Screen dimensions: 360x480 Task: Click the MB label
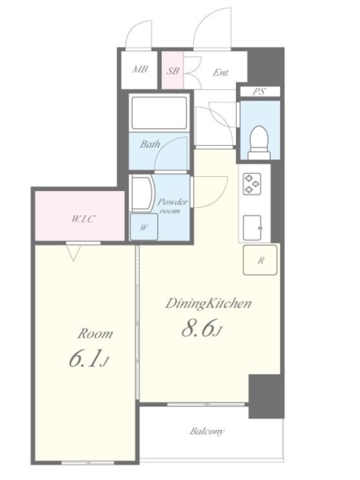140,69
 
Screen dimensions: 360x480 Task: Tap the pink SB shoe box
173,70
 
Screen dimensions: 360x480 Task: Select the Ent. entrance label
221,73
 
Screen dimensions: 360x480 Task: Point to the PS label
259,91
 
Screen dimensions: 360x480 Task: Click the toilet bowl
259,142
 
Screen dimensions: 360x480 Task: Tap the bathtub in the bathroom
159,113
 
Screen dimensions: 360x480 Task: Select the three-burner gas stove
252,184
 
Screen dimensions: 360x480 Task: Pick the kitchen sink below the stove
253,227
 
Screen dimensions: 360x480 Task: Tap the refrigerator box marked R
260,260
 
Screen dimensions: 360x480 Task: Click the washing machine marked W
144,227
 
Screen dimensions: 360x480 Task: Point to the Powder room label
172,206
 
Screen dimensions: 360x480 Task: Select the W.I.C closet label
83,218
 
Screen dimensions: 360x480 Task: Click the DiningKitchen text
208,303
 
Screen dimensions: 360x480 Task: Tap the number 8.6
197,329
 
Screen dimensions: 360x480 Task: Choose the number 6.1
85,359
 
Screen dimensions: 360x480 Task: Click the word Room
95,334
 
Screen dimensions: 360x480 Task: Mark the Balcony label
207,431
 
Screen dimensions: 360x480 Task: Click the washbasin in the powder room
142,193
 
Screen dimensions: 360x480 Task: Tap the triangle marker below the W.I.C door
73,253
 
